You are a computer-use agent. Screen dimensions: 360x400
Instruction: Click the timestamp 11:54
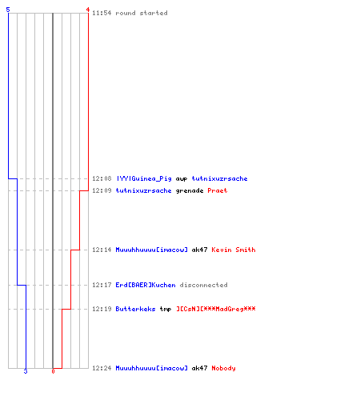point(102,13)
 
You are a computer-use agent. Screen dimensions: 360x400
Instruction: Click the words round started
point(142,13)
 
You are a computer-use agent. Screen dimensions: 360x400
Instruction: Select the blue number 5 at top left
point(8,10)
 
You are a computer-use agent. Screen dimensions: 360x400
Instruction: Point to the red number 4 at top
point(88,10)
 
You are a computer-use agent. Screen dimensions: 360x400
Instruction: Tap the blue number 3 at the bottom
point(26,371)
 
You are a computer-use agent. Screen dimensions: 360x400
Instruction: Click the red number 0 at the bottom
point(53,371)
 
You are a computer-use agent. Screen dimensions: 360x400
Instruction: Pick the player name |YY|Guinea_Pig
point(144,178)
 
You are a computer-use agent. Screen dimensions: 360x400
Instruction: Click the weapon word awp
point(182,179)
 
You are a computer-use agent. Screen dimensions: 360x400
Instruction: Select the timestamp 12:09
point(102,190)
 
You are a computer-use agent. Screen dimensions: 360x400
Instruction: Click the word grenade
point(190,190)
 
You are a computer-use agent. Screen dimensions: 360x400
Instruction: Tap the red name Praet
point(218,190)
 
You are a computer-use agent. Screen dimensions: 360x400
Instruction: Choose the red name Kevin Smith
point(234,250)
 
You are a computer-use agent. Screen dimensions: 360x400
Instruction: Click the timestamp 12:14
point(102,250)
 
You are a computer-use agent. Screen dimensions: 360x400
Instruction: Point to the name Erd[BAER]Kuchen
point(146,285)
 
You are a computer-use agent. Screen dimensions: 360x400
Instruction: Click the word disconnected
point(203,285)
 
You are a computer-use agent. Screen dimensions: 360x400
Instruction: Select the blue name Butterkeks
point(135,309)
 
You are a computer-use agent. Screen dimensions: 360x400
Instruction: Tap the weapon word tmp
point(166,309)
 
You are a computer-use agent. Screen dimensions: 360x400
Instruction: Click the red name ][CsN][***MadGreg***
point(216,309)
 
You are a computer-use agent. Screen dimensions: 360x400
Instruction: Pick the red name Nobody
point(223,368)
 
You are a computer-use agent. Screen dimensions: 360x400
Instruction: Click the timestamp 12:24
point(102,368)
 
